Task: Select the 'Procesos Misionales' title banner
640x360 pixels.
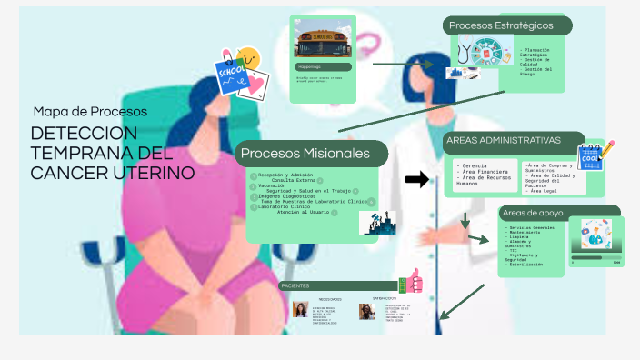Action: (305, 153)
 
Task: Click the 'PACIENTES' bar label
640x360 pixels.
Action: (295, 285)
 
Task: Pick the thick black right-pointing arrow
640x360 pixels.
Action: (416, 179)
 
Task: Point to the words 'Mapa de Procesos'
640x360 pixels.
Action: (90, 112)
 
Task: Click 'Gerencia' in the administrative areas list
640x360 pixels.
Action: (475, 165)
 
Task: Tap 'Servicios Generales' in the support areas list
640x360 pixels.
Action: (533, 227)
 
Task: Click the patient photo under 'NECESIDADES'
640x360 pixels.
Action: (300, 311)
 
